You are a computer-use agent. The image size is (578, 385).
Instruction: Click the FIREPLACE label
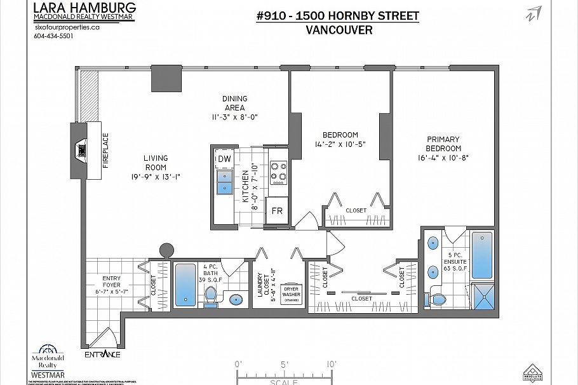point(105,150)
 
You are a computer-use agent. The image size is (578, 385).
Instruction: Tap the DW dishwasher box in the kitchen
point(224,158)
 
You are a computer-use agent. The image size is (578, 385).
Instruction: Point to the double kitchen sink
point(224,182)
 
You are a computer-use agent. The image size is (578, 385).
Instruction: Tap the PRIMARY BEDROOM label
point(443,144)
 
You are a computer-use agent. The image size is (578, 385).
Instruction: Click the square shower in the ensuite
point(482,295)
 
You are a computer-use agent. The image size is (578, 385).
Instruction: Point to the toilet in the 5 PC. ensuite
point(438,297)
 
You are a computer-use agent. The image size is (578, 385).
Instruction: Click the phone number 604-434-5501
point(53,36)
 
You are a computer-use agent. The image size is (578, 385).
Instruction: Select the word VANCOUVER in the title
point(339,30)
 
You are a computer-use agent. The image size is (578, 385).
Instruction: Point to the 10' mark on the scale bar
point(332,365)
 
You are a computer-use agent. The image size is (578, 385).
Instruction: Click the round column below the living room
point(166,249)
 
